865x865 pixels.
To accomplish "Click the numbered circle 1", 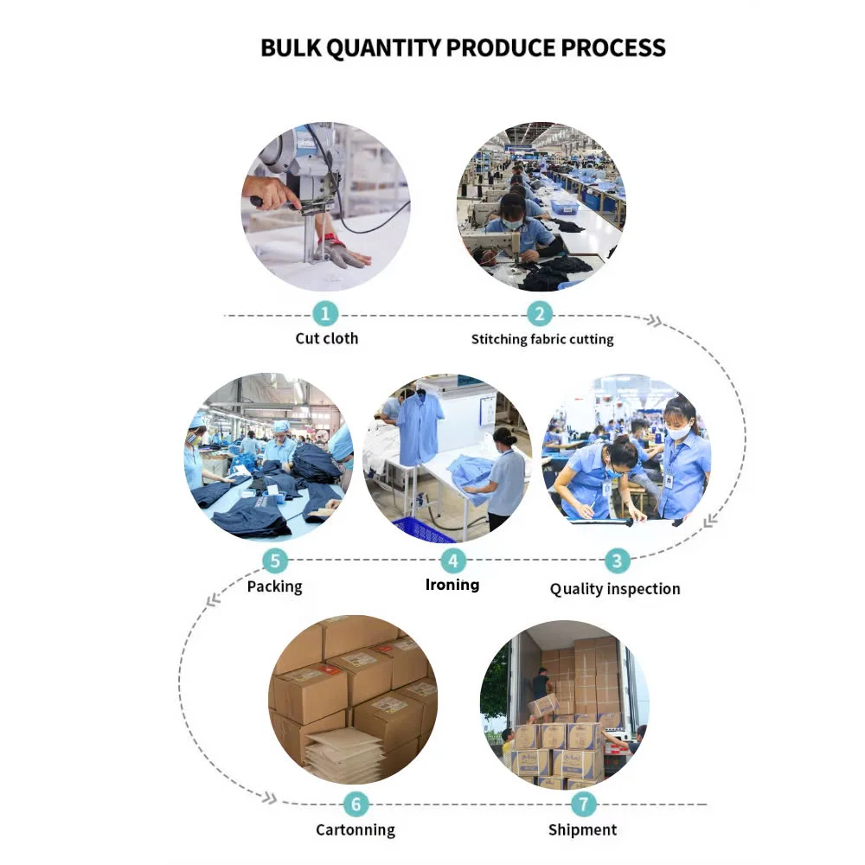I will point(325,313).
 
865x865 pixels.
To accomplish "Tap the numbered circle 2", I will point(540,313).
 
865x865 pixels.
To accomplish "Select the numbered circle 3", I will point(616,561).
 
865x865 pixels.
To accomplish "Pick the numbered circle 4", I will point(452,561).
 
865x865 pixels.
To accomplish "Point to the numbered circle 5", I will point(275,561).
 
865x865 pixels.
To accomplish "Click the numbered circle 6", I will point(355,804).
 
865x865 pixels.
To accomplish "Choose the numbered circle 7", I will point(583,804).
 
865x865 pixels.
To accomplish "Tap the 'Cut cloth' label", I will point(326,338).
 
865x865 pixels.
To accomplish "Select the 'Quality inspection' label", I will point(615,589).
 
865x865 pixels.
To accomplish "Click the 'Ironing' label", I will point(452,585).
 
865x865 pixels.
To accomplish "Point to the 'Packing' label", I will point(275,586).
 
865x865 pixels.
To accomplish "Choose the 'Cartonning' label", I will point(355,830).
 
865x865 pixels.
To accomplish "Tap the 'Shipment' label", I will point(583,830).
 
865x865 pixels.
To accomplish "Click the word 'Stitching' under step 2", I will point(499,339).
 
